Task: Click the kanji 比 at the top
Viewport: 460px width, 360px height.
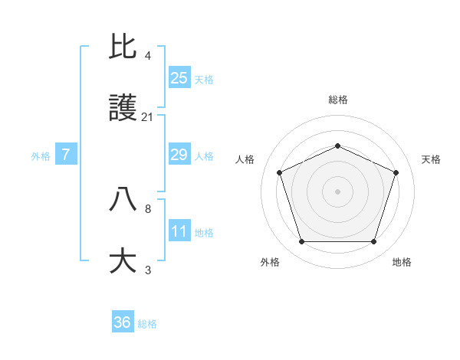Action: (x=123, y=47)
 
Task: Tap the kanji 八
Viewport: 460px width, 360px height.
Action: (x=123, y=199)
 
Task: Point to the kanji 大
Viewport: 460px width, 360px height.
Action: (x=123, y=260)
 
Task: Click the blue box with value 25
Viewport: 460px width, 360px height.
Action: (x=179, y=78)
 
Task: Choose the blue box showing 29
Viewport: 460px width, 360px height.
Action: (x=179, y=155)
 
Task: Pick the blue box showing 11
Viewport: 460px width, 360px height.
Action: (x=179, y=231)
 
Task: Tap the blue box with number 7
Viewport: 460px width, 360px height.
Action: (x=66, y=155)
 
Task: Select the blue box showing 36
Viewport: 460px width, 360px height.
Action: (x=123, y=322)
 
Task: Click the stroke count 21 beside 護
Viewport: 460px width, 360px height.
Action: (x=148, y=116)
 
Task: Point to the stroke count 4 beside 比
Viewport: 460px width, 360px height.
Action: (x=148, y=56)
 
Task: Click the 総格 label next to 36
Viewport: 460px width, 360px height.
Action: (x=147, y=324)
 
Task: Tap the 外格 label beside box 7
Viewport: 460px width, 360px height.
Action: (x=41, y=156)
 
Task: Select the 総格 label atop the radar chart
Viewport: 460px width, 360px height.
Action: (x=337, y=100)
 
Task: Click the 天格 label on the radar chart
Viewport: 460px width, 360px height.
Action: (x=432, y=159)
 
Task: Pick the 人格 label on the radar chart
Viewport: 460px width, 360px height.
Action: (x=245, y=159)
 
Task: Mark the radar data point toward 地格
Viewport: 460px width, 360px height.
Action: (x=373, y=242)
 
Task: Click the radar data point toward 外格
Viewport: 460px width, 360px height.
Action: (x=301, y=242)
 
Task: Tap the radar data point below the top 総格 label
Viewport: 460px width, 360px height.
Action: (x=337, y=146)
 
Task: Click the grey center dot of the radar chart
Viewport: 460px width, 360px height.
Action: (x=337, y=191)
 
